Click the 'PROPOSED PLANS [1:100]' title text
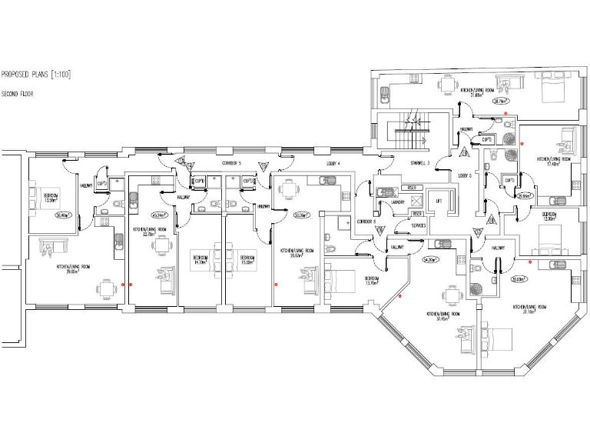tap(36, 75)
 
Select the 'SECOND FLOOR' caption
tap(17, 94)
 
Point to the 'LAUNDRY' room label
tap(399, 203)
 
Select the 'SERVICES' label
tap(418, 225)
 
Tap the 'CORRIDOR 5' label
tap(231, 164)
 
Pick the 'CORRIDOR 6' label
tap(366, 221)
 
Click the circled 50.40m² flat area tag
tap(61, 215)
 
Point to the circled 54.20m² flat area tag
tap(430, 260)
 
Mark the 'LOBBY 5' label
tap(464, 175)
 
